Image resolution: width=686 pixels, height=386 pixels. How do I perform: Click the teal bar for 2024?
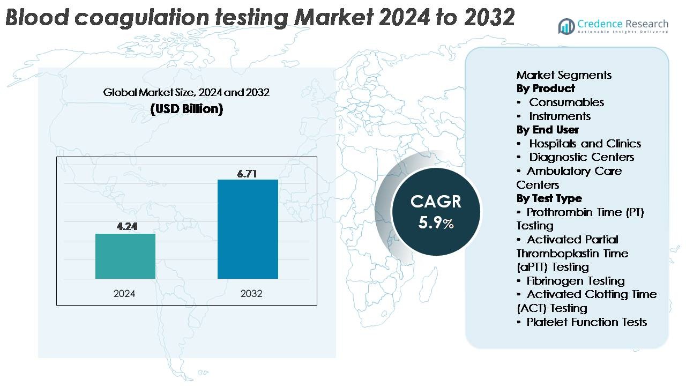point(125,256)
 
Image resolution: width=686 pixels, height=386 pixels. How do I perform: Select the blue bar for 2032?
point(248,229)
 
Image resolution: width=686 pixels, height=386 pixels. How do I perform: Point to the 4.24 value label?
point(127,226)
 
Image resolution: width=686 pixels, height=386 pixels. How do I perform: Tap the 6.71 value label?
point(248,174)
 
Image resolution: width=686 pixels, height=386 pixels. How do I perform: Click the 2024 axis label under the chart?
point(124,294)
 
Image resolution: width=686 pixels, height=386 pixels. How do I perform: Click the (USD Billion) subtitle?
point(187,109)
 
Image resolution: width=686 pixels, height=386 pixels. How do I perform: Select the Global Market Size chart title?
point(187,92)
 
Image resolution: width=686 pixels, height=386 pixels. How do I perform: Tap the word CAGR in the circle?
point(436,202)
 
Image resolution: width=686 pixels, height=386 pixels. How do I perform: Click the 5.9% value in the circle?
point(436,223)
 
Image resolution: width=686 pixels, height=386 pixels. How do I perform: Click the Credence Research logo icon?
point(566,26)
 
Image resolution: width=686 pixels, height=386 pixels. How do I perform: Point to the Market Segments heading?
point(564,75)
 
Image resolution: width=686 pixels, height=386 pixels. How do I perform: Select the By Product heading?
point(546,88)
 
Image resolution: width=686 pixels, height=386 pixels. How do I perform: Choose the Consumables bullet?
point(566,102)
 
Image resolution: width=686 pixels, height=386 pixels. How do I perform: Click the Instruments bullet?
point(560,116)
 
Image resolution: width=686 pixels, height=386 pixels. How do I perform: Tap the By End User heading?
point(547,130)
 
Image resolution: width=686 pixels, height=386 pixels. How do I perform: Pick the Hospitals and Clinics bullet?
point(584,144)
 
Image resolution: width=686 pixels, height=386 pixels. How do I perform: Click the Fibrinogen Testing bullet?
point(575,281)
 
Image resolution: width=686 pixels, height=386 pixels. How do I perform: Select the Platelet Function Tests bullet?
point(586,322)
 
